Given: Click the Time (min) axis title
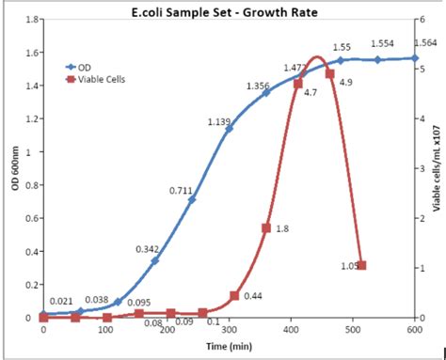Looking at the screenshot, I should [227, 346].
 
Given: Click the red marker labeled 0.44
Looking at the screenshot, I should [234, 296].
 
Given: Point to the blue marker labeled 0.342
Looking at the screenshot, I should [155, 260].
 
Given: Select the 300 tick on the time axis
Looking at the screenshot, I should [229, 330].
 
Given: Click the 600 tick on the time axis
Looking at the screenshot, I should [414, 330].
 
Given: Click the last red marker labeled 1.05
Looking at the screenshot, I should [361, 266].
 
